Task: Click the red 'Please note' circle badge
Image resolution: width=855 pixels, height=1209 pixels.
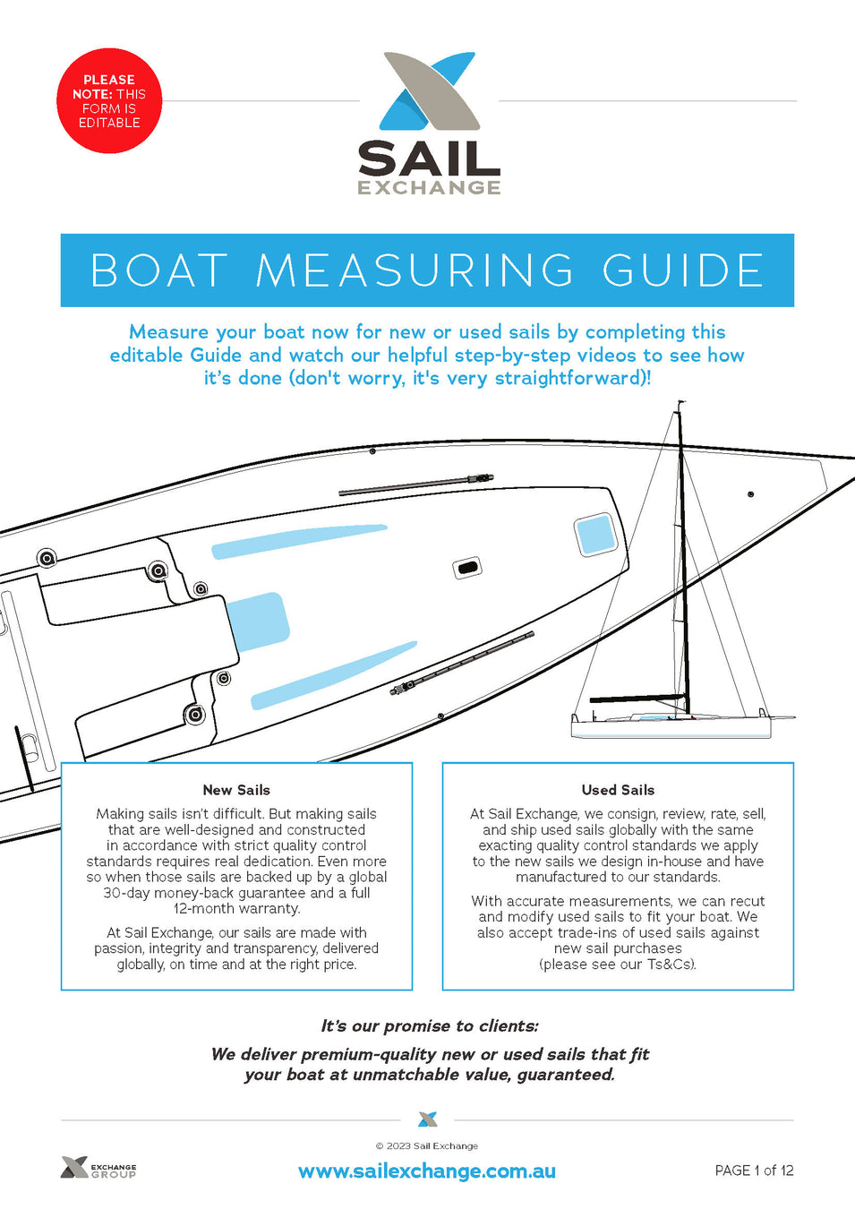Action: pos(109,101)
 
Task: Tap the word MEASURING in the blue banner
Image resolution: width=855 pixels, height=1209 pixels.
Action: pos(415,270)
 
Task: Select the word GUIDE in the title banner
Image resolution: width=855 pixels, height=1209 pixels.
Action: pos(683,270)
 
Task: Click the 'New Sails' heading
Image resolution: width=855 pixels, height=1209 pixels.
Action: pos(236,790)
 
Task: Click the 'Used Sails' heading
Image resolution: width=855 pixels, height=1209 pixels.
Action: pos(618,790)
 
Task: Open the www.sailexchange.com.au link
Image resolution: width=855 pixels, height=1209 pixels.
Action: pos(427,1171)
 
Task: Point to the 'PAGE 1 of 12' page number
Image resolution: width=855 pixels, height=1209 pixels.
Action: pos(754,1170)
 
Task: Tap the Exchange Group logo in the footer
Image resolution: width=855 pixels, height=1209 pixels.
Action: pos(98,1168)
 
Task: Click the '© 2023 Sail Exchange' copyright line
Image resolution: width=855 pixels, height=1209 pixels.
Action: pos(427,1145)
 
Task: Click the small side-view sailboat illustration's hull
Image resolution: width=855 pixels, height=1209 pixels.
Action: pos(671,726)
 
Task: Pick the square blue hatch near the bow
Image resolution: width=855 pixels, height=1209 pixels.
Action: pos(595,535)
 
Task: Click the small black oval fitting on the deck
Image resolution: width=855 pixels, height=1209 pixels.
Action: pos(467,568)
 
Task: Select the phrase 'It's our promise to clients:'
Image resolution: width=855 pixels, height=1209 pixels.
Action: pos(430,1026)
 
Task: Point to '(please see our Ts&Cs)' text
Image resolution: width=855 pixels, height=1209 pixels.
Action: pos(618,965)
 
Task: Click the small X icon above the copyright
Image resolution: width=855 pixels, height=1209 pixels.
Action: pos(428,1119)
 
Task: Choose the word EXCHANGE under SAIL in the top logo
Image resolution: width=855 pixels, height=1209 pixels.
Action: pos(429,187)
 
